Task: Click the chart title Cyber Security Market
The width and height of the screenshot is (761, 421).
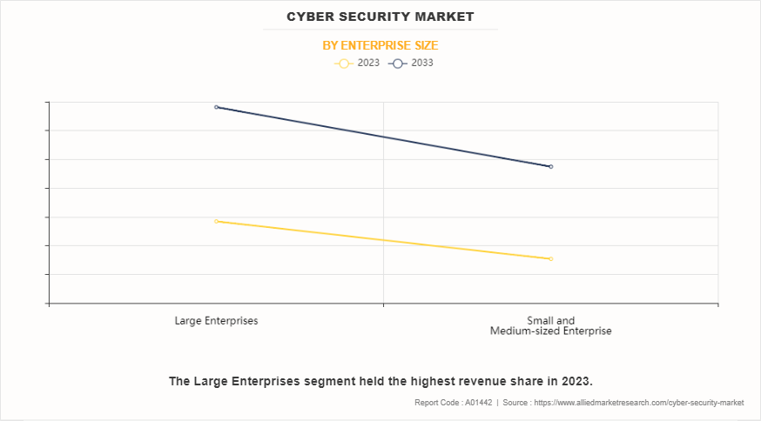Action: click(380, 17)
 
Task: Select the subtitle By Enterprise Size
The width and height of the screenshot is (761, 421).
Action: click(380, 45)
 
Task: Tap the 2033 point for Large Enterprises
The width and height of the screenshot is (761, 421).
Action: click(217, 107)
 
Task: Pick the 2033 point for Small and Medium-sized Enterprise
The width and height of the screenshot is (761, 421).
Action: click(551, 166)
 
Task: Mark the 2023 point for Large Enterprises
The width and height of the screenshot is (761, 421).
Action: click(217, 221)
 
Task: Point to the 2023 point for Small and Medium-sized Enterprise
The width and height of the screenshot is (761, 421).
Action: click(551, 258)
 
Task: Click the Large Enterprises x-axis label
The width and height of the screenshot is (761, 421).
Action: click(216, 320)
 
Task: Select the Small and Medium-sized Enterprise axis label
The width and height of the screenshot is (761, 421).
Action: click(550, 325)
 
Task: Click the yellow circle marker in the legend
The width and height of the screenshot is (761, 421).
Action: click(344, 63)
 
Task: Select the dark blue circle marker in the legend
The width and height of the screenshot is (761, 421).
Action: click(398, 63)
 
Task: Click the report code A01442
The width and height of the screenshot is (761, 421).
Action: click(477, 403)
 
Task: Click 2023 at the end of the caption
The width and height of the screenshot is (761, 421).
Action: click(575, 381)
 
